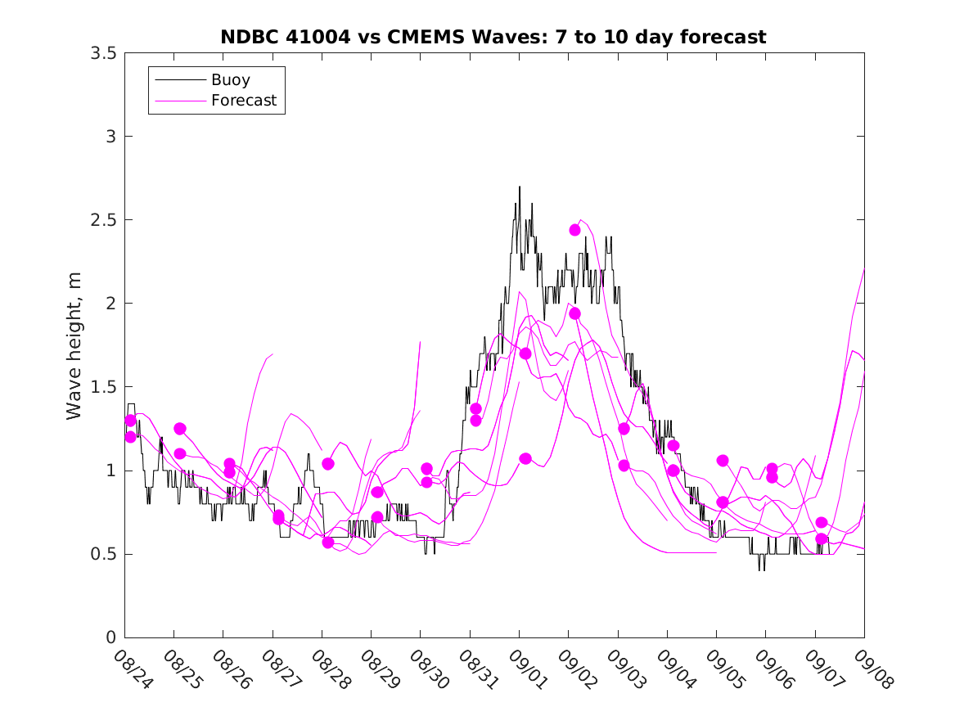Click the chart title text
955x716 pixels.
pyautogui.click(x=493, y=37)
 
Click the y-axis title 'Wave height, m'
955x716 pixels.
pyautogui.click(x=74, y=345)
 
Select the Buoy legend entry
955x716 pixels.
pyautogui.click(x=230, y=80)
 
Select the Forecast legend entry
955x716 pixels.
pyautogui.click(x=243, y=101)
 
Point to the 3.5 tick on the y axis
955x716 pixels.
pyautogui.click(x=103, y=53)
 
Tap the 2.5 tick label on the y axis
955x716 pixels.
pyautogui.click(x=103, y=220)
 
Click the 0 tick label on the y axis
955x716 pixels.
pyautogui.click(x=110, y=637)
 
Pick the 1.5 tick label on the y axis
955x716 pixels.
pyautogui.click(x=103, y=387)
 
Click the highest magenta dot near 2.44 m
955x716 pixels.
pyautogui.click(x=574, y=230)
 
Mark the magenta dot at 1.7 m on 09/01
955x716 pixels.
pyautogui.click(x=525, y=353)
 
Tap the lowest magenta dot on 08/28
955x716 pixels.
pyautogui.click(x=328, y=542)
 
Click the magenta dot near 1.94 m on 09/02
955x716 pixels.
pyautogui.click(x=574, y=313)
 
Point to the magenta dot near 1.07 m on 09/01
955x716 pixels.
pyautogui.click(x=525, y=458)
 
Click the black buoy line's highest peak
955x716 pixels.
pyautogui.click(x=520, y=187)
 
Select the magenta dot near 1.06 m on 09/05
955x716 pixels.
pyautogui.click(x=723, y=461)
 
